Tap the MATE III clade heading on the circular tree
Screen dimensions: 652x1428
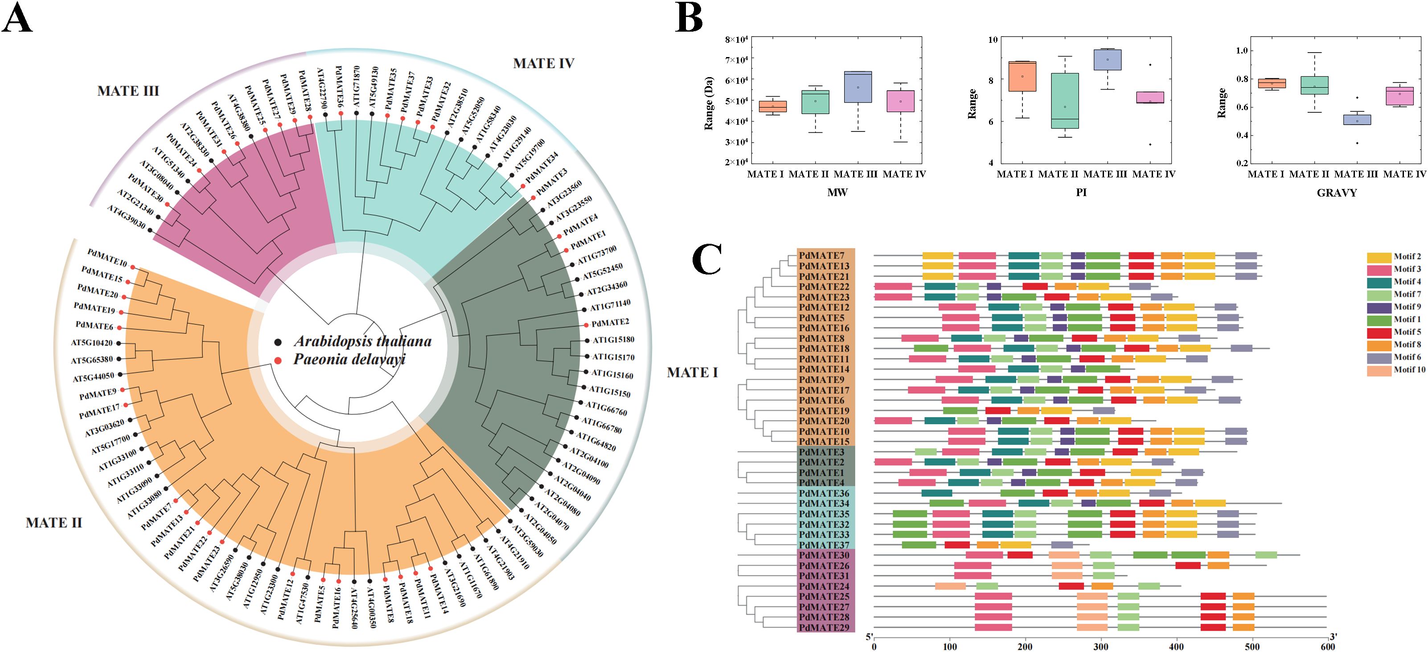pos(128,91)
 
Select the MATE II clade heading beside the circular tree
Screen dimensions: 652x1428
pos(54,523)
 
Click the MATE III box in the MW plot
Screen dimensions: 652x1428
pos(858,87)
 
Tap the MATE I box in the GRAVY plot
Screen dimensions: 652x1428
pos(1272,83)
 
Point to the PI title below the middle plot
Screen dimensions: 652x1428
pos(1081,193)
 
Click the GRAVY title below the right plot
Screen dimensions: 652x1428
pos(1337,193)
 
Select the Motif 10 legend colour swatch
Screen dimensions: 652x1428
pos(1379,370)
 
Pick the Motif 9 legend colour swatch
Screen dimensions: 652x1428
pos(1379,307)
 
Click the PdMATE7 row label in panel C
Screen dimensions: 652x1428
pos(821,256)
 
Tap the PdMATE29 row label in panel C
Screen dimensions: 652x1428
pos(825,627)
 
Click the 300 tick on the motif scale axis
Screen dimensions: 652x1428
pos(1101,647)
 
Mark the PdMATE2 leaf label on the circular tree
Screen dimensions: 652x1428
pos(610,323)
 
